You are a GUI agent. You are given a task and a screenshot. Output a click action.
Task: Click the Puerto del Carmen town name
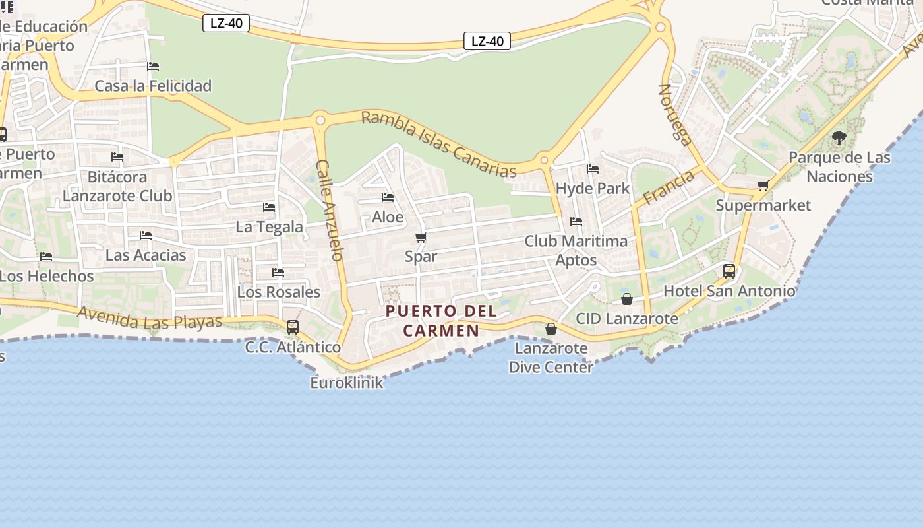click(x=441, y=320)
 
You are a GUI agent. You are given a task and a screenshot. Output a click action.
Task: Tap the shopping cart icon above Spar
click(x=421, y=237)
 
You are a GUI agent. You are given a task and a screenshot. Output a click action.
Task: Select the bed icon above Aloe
click(x=388, y=197)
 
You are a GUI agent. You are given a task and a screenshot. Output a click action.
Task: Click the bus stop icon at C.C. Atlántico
click(x=293, y=327)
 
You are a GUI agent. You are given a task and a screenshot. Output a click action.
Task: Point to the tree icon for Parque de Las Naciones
click(x=839, y=138)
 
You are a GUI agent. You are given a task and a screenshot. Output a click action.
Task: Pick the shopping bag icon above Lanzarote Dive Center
click(x=551, y=329)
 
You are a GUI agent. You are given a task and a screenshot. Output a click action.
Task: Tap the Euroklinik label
click(x=347, y=383)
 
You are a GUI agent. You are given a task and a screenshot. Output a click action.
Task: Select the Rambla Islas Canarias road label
click(x=438, y=144)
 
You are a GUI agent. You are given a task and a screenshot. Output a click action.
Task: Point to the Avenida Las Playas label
click(x=150, y=317)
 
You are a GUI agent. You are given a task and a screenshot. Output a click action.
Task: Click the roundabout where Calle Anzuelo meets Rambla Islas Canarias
click(x=320, y=120)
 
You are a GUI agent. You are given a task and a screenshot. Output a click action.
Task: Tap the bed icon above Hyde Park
click(x=593, y=169)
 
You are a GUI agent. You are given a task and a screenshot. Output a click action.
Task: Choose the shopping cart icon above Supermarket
click(x=763, y=185)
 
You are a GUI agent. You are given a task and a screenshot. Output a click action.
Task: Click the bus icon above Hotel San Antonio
click(x=729, y=271)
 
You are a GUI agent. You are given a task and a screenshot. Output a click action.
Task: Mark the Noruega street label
click(x=674, y=114)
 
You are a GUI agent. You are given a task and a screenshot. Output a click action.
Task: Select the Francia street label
click(x=669, y=187)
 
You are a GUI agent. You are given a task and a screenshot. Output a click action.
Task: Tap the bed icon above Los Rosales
click(x=278, y=272)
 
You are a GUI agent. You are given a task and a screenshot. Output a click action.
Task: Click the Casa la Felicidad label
click(x=153, y=86)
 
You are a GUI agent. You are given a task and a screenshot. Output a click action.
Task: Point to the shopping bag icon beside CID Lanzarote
click(x=627, y=300)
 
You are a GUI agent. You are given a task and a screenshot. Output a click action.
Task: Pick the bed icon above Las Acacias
click(x=146, y=236)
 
